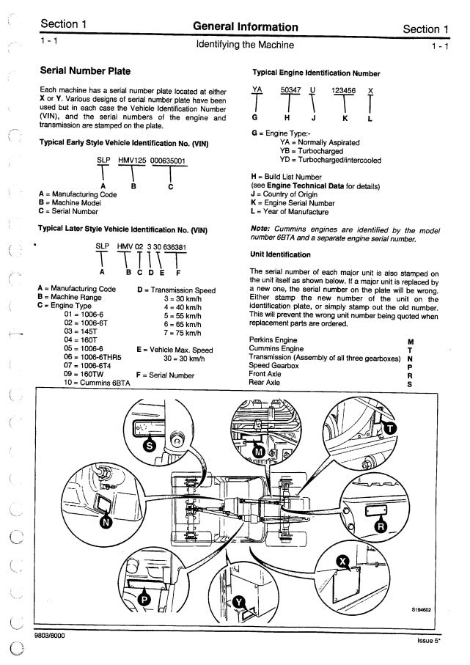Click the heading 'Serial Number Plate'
coord(84,72)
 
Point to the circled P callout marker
coord(145,599)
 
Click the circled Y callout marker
coord(239,603)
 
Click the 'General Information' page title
coord(245,28)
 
